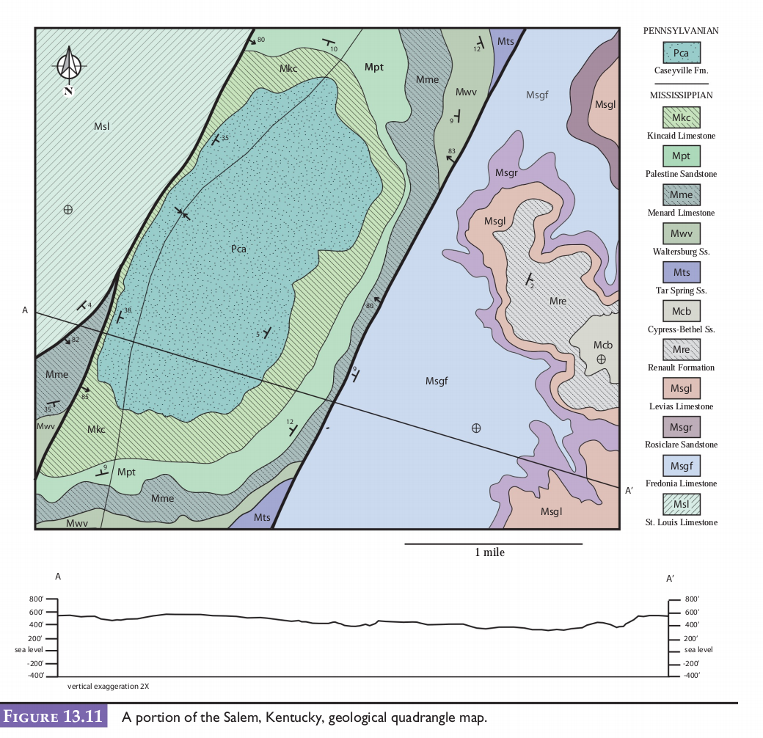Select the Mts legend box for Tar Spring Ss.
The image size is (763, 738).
[681, 272]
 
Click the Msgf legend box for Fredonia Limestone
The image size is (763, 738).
[681, 465]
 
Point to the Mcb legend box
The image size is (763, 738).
[681, 311]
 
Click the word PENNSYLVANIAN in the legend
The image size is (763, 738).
[680, 31]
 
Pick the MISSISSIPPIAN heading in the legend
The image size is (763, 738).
[680, 95]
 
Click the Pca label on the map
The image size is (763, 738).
[238, 249]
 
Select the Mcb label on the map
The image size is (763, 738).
[603, 345]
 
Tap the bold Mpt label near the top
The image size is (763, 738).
[374, 67]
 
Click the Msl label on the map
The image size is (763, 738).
[101, 126]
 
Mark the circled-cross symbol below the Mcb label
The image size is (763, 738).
[601, 359]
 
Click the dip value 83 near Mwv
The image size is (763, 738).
[451, 151]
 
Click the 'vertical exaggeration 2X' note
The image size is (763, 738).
[109, 687]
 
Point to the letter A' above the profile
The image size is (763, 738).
[670, 579]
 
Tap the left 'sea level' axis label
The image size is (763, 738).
[29, 649]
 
